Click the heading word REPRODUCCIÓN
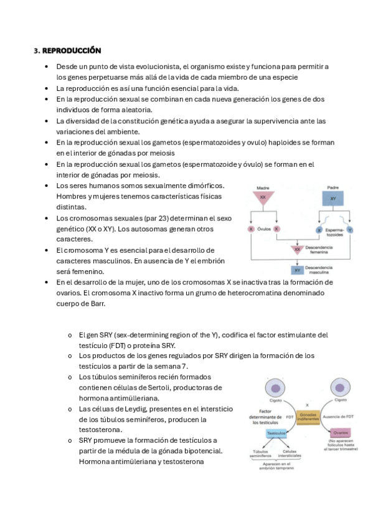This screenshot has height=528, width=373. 72,50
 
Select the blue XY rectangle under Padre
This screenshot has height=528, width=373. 333,199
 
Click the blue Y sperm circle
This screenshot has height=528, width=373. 350,230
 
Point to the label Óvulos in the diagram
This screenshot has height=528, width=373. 264,229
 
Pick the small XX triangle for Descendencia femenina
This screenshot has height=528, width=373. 297,250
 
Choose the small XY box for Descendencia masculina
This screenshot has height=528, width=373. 297,270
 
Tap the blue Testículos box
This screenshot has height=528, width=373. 276,432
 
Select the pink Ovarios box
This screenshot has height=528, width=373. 340,432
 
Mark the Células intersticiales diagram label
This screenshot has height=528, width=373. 290,453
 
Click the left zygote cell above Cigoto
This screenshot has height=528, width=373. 276,388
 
